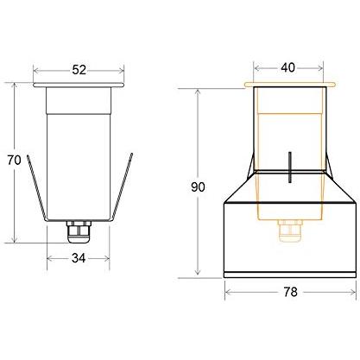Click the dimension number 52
click(x=79, y=70)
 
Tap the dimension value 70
click(x=14, y=160)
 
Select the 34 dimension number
click(x=79, y=258)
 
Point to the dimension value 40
click(x=287, y=67)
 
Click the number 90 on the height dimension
click(x=198, y=187)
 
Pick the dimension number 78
click(x=290, y=292)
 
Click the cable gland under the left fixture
click(x=79, y=231)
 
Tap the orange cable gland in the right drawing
click(x=290, y=231)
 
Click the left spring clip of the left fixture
click(x=37, y=188)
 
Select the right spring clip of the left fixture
click(x=123, y=187)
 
